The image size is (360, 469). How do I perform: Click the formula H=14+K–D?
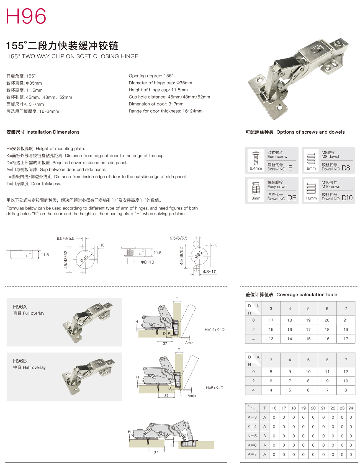click(x=214, y=330)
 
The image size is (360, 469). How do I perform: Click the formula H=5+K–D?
click(x=214, y=388)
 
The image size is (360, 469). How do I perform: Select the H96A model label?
click(x=20, y=307)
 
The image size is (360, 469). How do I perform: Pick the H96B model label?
click(x=20, y=361)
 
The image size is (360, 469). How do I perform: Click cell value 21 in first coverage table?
click(x=346, y=320)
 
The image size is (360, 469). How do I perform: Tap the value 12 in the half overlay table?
click(x=346, y=372)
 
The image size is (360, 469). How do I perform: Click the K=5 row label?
click(x=252, y=436)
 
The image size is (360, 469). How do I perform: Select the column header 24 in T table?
click(x=351, y=408)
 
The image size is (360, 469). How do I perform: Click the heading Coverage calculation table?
click(x=307, y=295)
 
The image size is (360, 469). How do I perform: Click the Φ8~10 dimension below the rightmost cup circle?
click(x=209, y=272)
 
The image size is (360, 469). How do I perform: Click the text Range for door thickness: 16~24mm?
click(x=166, y=111)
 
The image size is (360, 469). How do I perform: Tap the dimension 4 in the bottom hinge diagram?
click(x=171, y=446)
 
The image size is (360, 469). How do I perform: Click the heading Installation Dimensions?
click(x=53, y=132)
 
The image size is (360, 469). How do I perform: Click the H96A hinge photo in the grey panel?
click(x=88, y=323)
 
